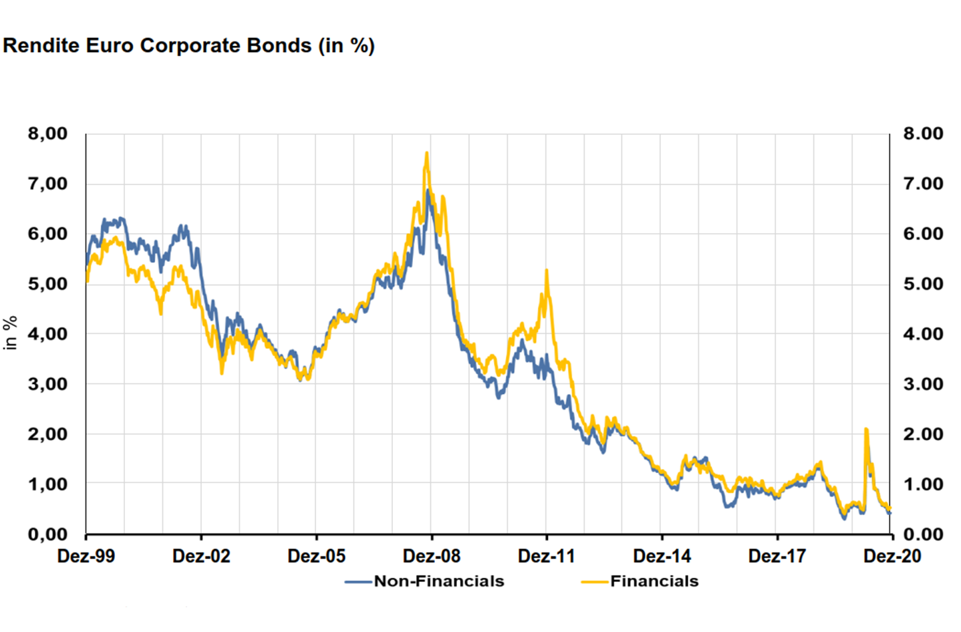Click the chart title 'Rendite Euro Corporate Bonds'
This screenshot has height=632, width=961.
click(188, 46)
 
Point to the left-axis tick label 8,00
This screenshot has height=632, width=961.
click(48, 134)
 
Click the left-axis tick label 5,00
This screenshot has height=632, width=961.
click(48, 284)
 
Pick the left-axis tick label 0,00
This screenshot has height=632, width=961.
click(48, 534)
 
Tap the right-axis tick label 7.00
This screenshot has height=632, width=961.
click(923, 184)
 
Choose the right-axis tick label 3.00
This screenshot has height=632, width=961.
click(923, 384)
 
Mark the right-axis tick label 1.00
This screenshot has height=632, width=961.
click(923, 484)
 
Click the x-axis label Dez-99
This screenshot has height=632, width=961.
click(86, 556)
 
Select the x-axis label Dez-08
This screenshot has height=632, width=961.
click(432, 556)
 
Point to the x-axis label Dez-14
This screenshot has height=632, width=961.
click(662, 556)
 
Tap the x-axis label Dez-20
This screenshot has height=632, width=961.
click(892, 556)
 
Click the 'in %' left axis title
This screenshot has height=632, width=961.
click(11, 333)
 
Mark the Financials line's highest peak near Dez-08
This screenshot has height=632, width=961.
click(426, 154)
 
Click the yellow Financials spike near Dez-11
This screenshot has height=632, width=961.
click(547, 271)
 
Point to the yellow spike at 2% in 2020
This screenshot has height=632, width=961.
click(866, 430)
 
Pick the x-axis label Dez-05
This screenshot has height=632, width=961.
click(317, 556)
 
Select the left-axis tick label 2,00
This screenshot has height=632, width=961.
click(48, 434)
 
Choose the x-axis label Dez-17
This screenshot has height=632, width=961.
click(777, 556)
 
